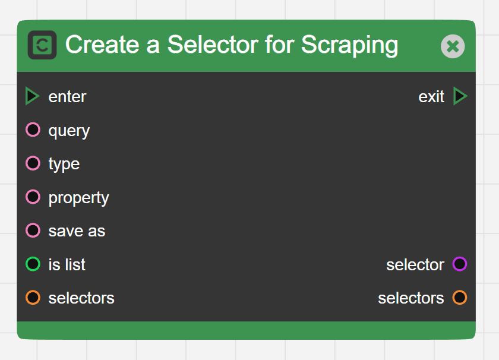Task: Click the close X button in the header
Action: coord(453,46)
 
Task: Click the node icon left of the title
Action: coord(42,45)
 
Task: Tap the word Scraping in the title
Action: coord(350,45)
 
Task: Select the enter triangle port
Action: coord(32,96)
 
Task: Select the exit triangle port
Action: coord(460,96)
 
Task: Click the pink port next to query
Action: coord(33,130)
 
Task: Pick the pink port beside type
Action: coord(33,163)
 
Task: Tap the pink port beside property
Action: coord(33,197)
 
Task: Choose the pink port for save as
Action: coord(33,230)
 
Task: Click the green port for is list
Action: coord(33,264)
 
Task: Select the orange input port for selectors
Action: coord(33,298)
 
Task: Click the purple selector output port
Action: coord(460,264)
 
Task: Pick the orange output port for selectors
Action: coord(460,298)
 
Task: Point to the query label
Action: coord(69,131)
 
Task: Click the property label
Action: coord(78,198)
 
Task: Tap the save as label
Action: coord(77,231)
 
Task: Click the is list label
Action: coord(67,264)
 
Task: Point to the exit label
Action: coord(431,97)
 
